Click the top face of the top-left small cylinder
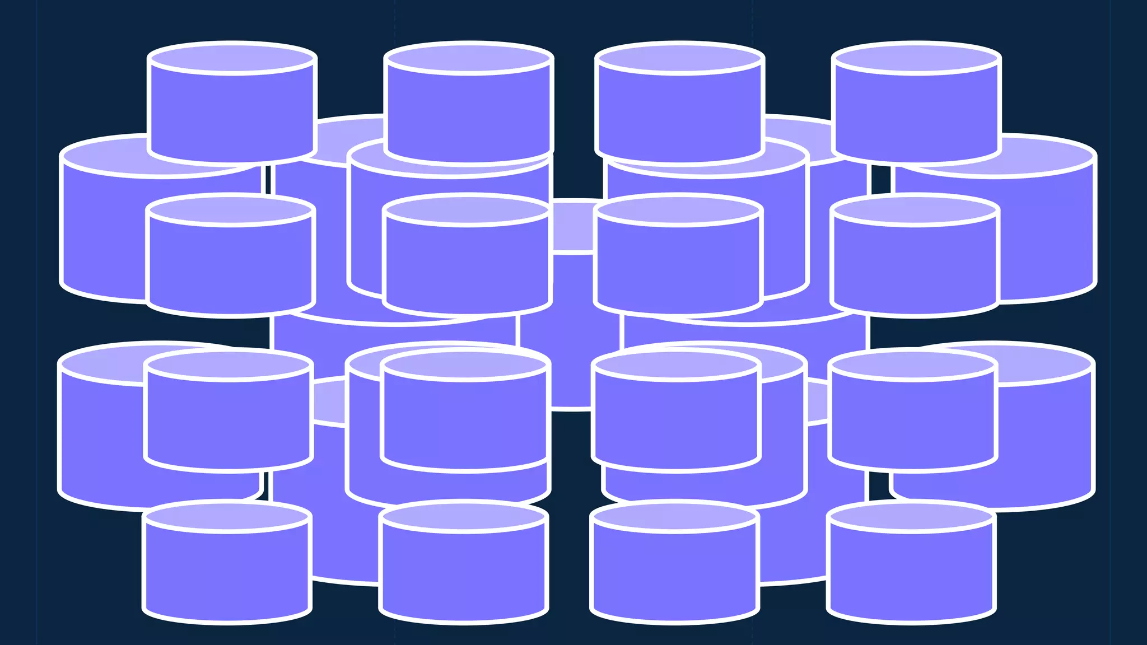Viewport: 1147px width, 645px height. point(232,58)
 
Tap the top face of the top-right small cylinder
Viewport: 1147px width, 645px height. point(916,58)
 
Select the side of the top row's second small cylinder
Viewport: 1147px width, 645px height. point(469,112)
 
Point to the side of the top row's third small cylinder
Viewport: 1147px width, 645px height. point(679,112)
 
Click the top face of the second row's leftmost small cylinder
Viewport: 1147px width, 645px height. point(230,209)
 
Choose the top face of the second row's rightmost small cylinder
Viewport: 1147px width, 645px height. point(915,209)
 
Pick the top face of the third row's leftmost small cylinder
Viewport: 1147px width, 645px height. point(228,364)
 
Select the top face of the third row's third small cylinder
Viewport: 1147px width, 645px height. point(675,364)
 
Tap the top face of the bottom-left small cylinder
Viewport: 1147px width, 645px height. point(226,516)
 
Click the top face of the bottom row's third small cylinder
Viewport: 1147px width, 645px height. point(674,516)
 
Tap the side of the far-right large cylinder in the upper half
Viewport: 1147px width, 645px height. point(1047,235)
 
